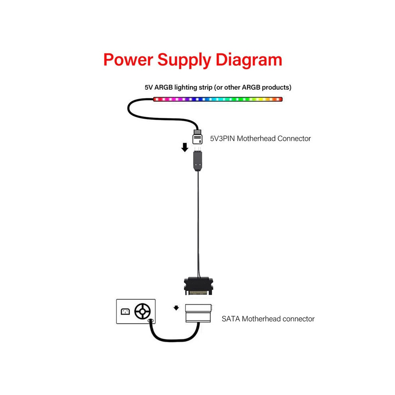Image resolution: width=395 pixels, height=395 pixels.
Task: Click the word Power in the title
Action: (x=128, y=60)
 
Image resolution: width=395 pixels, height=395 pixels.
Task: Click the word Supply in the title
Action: (x=184, y=61)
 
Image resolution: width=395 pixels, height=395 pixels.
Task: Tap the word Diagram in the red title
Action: (x=249, y=61)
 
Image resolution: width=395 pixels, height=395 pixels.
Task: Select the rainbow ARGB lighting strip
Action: (x=218, y=99)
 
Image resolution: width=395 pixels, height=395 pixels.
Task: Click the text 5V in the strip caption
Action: (x=149, y=87)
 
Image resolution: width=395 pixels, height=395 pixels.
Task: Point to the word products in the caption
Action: (x=275, y=87)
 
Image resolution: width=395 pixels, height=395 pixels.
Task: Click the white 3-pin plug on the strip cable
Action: (x=197, y=137)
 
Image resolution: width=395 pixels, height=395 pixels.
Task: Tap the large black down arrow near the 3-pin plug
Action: (x=185, y=147)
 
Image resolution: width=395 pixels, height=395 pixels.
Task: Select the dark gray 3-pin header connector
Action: (x=198, y=160)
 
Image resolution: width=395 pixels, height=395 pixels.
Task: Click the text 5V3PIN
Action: (x=223, y=138)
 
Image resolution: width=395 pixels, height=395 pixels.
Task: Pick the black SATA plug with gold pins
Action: (x=199, y=286)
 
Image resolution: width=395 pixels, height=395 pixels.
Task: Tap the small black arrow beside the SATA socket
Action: (x=176, y=308)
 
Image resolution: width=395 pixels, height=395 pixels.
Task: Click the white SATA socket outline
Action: (x=198, y=313)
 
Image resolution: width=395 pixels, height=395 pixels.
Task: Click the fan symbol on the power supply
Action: (x=142, y=311)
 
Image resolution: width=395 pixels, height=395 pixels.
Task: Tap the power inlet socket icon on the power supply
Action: (x=125, y=312)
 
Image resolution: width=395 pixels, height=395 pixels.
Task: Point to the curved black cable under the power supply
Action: (x=174, y=340)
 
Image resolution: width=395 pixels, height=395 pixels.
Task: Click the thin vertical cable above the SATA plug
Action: (x=199, y=224)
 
